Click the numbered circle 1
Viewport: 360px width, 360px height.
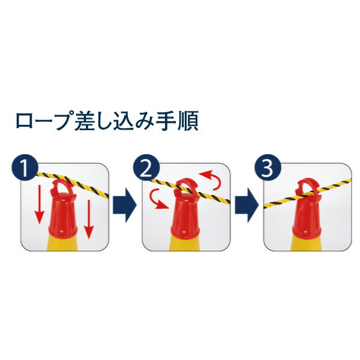[x=24, y=169]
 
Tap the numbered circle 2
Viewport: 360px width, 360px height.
[x=146, y=169]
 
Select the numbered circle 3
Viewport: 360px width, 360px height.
[x=268, y=169]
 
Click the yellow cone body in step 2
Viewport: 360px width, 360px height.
[x=186, y=243]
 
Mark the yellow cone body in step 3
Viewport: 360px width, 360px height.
[x=308, y=243]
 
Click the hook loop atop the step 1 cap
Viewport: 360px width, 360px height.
[x=61, y=190]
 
